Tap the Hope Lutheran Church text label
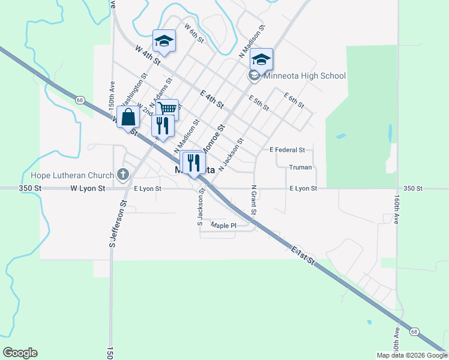pyautogui.click(x=72, y=176)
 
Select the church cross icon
pyautogui.click(x=123, y=175)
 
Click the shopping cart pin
pyautogui.click(x=167, y=109)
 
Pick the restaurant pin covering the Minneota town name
pyautogui.click(x=193, y=162)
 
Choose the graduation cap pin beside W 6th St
pyautogui.click(x=164, y=41)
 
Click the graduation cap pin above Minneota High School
pyautogui.click(x=261, y=59)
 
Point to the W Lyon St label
pyautogui.click(x=88, y=188)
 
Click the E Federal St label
pyautogui.click(x=288, y=149)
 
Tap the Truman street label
pyautogui.click(x=300, y=168)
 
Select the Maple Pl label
pyautogui.click(x=224, y=226)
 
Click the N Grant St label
pyautogui.click(x=254, y=200)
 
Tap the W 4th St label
pyautogui.click(x=148, y=55)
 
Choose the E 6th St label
pyautogui.click(x=294, y=100)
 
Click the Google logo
pyautogui.click(x=20, y=353)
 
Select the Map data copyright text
pyautogui.click(x=412, y=355)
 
